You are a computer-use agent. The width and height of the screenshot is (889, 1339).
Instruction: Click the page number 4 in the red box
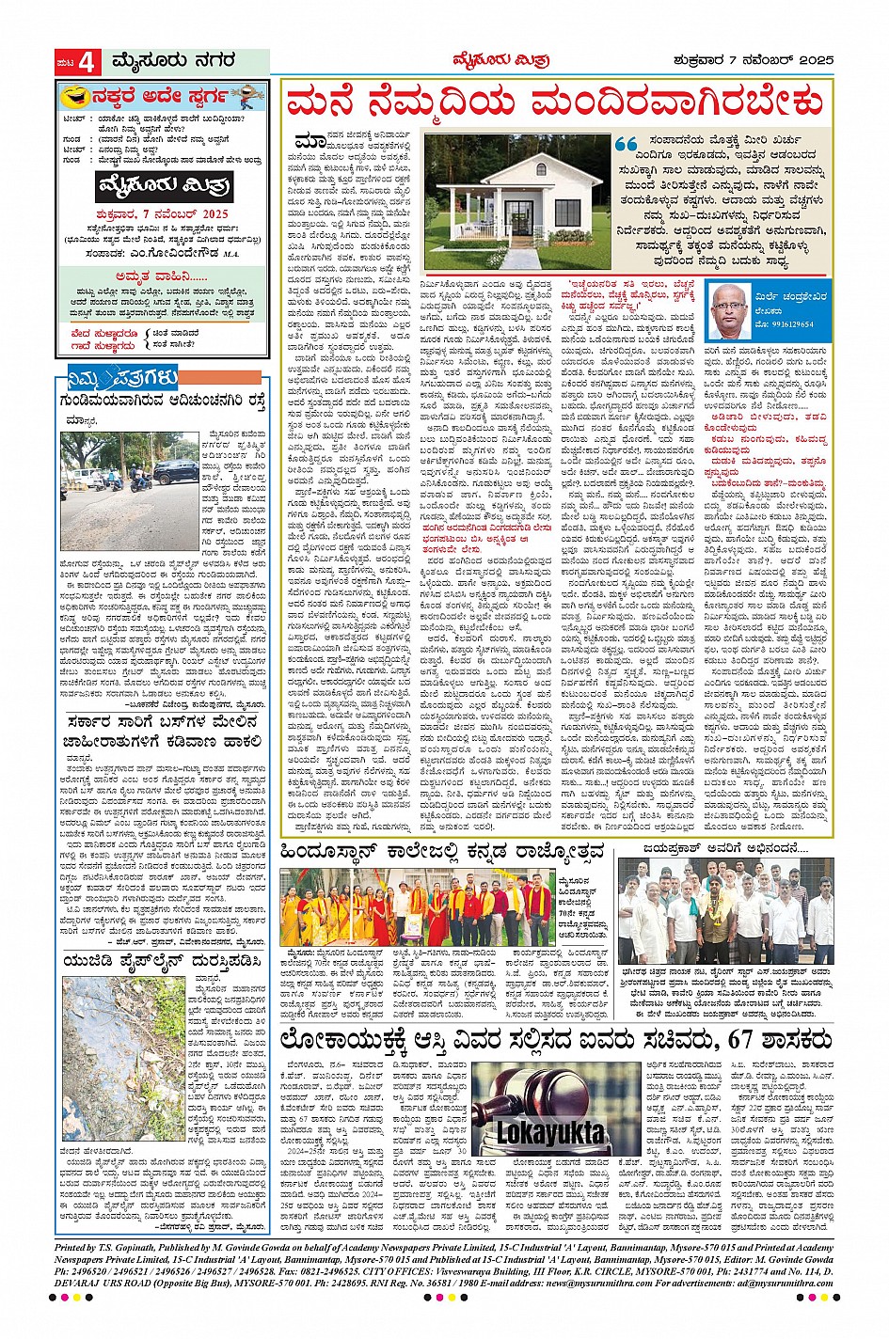coord(87,63)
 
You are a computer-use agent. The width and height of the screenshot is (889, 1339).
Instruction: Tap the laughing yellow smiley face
coord(70,96)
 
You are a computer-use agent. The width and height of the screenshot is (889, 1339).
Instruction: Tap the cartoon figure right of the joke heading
coord(246,96)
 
